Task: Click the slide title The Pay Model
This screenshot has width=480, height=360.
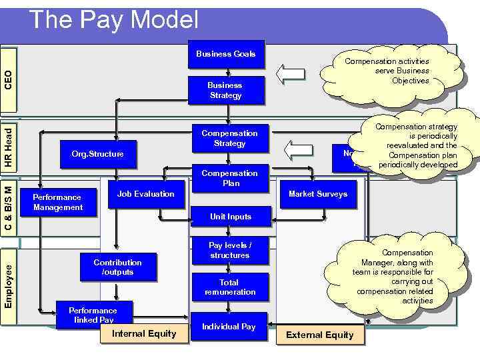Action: click(114, 20)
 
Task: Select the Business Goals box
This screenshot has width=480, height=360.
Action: click(225, 54)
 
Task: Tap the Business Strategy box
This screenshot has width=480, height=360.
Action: click(225, 90)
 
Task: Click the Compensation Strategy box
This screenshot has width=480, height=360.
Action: click(229, 138)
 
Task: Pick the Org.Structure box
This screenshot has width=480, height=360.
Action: click(97, 154)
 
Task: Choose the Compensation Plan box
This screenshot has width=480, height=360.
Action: click(229, 178)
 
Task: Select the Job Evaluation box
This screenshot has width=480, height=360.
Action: click(145, 194)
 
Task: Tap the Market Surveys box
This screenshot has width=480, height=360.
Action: click(317, 194)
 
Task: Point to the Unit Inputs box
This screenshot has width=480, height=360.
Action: click(230, 216)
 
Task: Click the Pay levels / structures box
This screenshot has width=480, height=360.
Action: click(229, 250)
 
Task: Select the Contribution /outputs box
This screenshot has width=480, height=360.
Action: click(117, 267)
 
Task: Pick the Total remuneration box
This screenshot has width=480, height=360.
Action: click(230, 287)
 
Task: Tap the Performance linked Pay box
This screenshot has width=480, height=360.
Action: click(93, 315)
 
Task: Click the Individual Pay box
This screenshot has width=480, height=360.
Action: click(229, 327)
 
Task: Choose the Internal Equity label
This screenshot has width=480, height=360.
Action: click(144, 333)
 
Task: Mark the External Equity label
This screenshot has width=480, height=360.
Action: click(319, 335)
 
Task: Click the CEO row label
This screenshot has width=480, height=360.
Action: click(8, 79)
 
